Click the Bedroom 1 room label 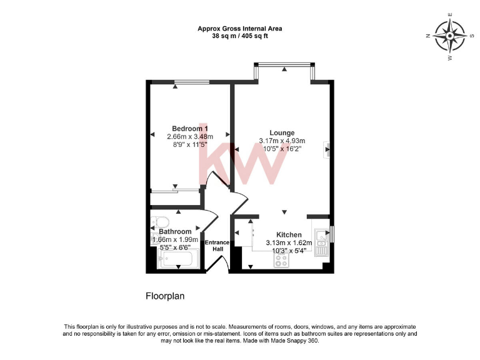coord(190,129)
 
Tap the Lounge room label coord(282,132)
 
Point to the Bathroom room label coord(175,231)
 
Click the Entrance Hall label coord(218,246)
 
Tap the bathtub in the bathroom coord(179,258)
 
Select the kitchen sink coord(321,241)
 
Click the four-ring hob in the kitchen coord(281,262)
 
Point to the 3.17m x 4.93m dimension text coord(282,141)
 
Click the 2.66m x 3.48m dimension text coord(190,137)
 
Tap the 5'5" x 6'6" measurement coord(175,247)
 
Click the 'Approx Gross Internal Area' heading coord(239,28)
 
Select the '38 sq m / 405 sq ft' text coord(239,36)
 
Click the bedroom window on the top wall coord(192,81)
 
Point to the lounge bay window coord(284,64)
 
